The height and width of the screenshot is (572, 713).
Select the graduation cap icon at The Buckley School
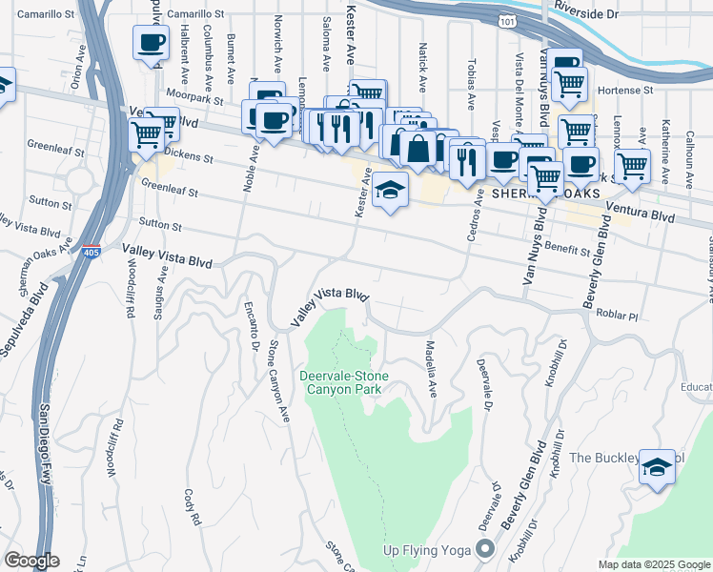tap(657, 467)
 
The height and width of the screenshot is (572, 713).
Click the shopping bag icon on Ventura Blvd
tap(418, 148)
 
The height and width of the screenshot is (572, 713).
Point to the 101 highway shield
tap(503, 18)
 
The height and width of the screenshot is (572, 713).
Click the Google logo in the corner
tap(31, 561)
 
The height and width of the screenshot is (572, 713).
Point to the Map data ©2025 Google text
tap(653, 564)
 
